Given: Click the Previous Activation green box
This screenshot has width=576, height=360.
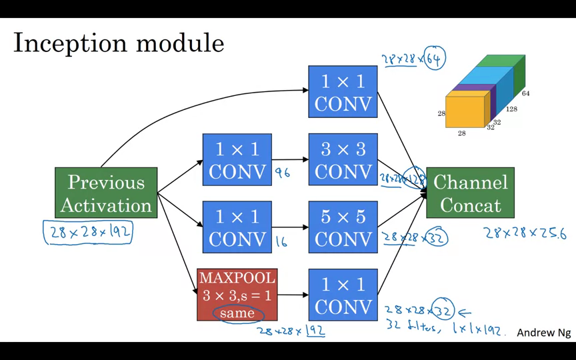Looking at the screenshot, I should point(106,193).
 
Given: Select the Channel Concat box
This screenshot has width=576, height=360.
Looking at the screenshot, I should point(470,193).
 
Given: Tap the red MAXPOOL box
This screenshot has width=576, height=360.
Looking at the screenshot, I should point(237,294).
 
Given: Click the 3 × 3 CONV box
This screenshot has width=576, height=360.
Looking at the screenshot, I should point(343,160).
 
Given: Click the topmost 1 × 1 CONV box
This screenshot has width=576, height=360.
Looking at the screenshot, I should point(343,92).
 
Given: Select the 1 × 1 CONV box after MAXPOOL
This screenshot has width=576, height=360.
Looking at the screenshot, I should point(343,295).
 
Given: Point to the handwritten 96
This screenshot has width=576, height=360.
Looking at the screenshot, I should point(282,173).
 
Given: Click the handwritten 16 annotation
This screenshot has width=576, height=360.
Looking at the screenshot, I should point(281,241).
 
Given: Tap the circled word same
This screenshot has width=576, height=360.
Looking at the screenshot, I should point(237,313).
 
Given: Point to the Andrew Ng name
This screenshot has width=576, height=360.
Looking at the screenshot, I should point(543,332).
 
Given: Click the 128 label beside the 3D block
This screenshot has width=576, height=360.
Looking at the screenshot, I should point(511,109).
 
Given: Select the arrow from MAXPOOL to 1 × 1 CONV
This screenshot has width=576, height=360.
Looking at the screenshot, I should point(291,294).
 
